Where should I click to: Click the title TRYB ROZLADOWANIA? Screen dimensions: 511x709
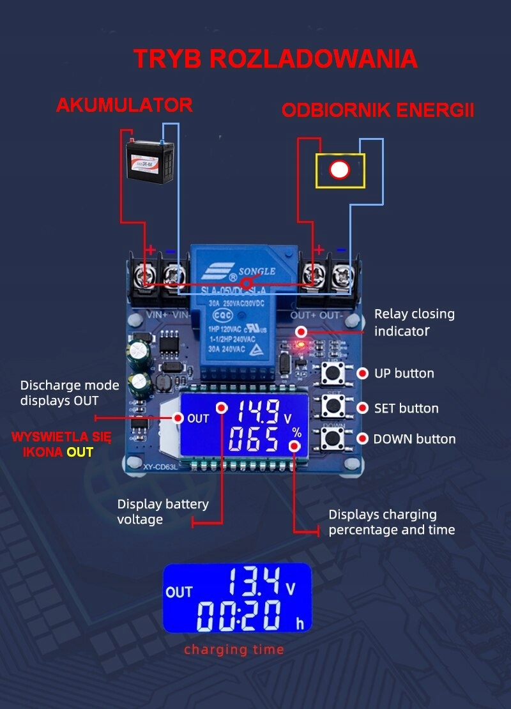[275, 59]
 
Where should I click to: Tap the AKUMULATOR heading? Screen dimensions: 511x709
[124, 105]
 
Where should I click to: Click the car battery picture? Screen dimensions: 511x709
[149, 162]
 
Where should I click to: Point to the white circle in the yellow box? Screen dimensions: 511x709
[339, 170]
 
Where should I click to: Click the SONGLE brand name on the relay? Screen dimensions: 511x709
[257, 271]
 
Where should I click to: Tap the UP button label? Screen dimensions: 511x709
[404, 373]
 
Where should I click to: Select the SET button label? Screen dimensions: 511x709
[406, 408]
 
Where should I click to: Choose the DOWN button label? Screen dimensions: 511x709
[414, 439]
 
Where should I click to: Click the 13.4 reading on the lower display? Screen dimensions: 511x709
[254, 582]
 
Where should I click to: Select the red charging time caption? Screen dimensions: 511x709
[234, 650]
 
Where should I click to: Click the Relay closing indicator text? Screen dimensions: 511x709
[414, 323]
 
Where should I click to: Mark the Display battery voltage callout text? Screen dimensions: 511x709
[162, 512]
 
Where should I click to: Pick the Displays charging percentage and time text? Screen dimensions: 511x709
[392, 522]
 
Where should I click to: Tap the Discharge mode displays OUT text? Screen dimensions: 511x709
[70, 393]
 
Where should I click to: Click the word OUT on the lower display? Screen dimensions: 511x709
[179, 592]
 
